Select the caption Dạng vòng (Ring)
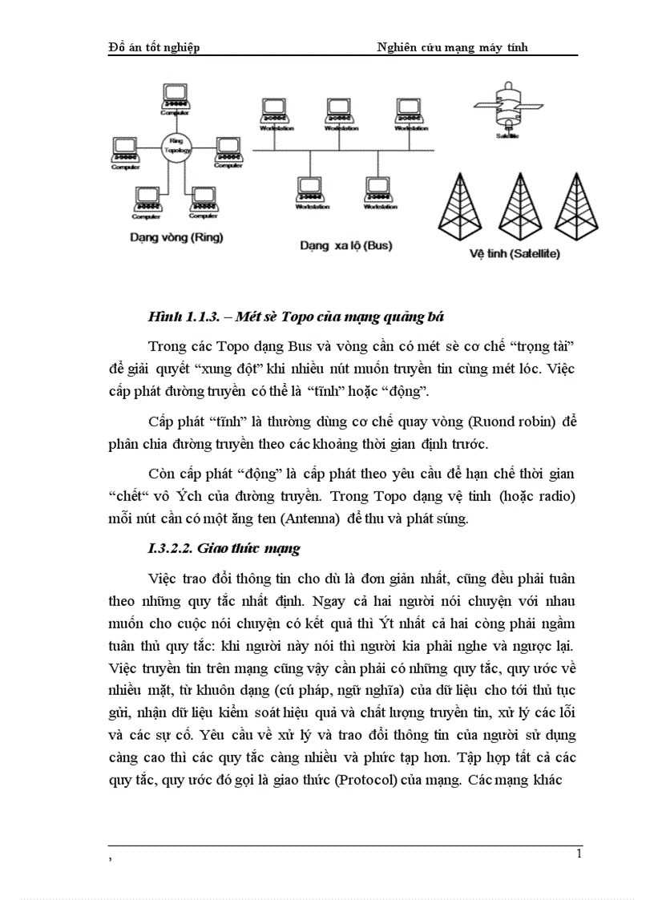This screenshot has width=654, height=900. click(x=176, y=237)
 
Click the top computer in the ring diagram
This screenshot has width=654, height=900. click(x=175, y=97)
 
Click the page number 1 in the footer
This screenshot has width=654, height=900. click(x=579, y=854)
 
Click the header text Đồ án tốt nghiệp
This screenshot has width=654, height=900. click(x=154, y=47)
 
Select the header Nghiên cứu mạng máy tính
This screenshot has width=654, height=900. click(x=453, y=47)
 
